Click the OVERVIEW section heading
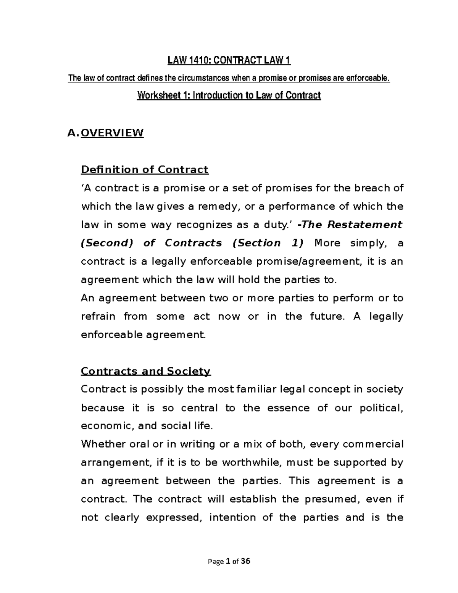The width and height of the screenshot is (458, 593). coord(113,133)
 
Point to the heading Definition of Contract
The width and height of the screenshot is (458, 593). coord(145,170)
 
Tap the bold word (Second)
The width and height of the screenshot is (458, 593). coord(106,243)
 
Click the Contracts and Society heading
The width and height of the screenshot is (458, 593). coord(146,371)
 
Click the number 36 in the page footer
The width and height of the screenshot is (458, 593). coord(246,562)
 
